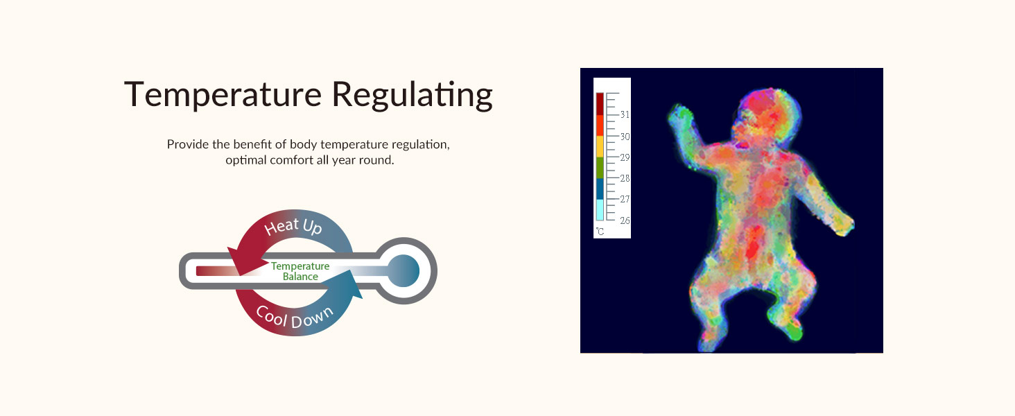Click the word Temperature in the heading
tap(223, 94)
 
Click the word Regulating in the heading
tap(413, 95)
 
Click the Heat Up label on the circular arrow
tap(293, 226)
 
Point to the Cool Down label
tap(295, 317)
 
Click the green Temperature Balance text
tap(300, 272)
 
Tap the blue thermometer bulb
tap(404, 270)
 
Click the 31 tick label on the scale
tap(625, 114)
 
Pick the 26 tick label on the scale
tap(625, 220)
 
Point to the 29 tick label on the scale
tap(625, 157)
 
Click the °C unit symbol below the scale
tap(600, 232)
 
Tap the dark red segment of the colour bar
tap(600, 104)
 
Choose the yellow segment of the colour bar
tap(600, 147)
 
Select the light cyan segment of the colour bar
tap(600, 210)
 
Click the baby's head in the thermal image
tap(767, 116)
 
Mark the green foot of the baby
tap(795, 331)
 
